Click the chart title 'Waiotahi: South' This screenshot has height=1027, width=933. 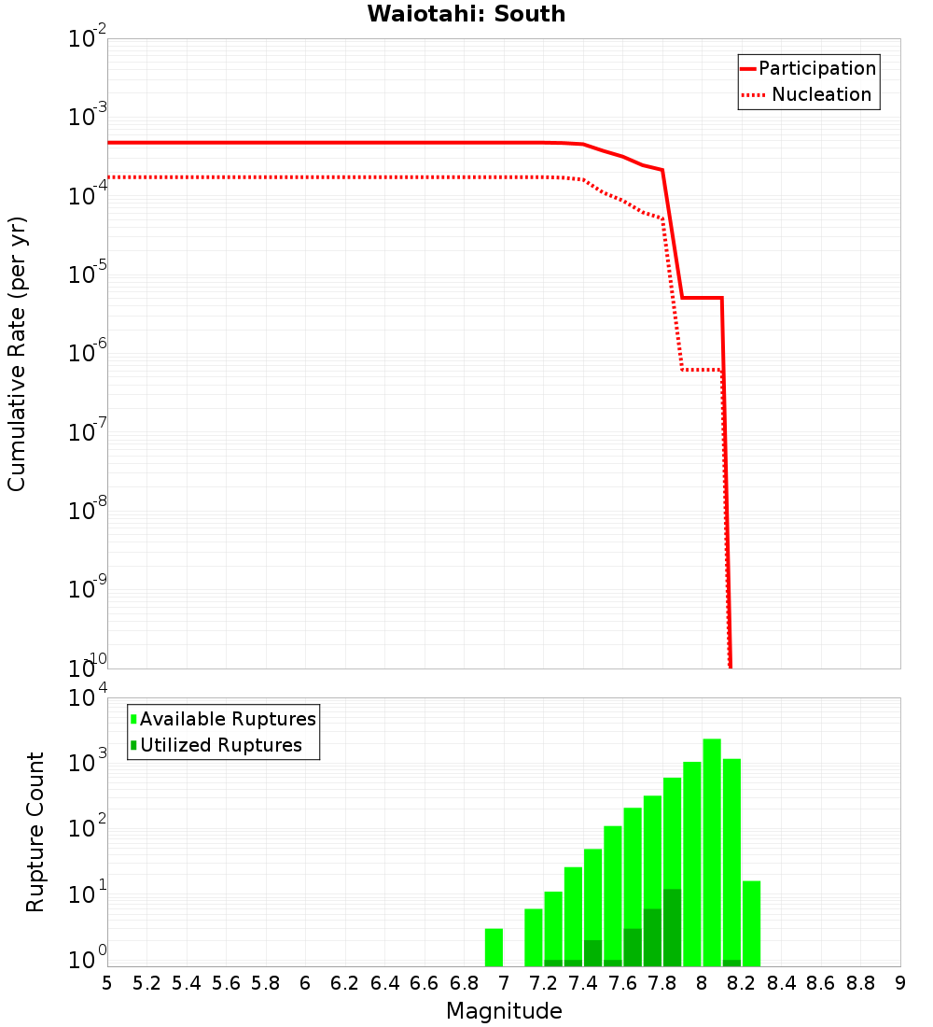(x=466, y=14)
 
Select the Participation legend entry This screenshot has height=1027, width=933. (x=808, y=68)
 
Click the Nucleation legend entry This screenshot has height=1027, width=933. (x=808, y=94)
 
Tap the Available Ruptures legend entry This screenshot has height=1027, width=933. (x=223, y=719)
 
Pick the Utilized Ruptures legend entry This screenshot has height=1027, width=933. (x=216, y=745)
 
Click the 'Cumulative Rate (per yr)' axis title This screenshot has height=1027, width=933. (x=17, y=354)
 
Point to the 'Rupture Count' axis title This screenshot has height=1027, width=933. (x=35, y=832)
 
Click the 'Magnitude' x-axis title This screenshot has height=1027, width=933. (x=504, y=1011)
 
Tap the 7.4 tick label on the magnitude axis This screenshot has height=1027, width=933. (x=583, y=983)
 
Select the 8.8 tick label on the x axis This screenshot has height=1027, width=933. (x=860, y=983)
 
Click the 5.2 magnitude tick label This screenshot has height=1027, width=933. (x=146, y=983)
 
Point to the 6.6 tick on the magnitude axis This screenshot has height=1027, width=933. (x=425, y=983)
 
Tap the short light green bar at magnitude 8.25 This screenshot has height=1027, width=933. (x=751, y=923)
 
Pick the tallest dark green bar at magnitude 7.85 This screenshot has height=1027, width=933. (x=672, y=928)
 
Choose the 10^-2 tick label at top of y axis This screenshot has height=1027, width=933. (x=88, y=38)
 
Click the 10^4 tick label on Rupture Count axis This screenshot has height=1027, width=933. (x=90, y=698)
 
